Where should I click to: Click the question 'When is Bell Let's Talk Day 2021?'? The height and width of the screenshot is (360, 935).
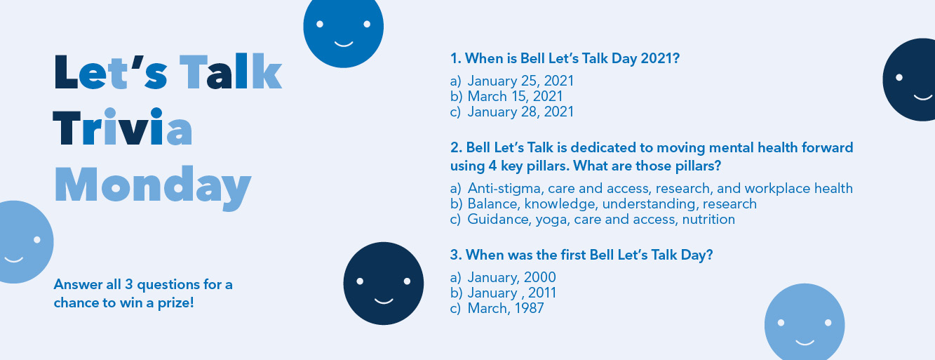point(565,58)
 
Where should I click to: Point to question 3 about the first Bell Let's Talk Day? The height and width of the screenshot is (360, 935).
point(581,255)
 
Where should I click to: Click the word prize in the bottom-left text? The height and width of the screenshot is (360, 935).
point(175,303)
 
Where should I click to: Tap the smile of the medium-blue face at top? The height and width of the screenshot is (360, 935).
point(344,44)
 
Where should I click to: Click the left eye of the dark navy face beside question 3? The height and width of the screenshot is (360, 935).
point(360,281)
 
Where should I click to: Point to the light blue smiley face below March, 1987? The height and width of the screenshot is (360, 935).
point(805,322)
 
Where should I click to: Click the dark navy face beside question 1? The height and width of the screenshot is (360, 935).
point(909,80)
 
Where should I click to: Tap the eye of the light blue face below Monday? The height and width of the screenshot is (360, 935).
point(36,240)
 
